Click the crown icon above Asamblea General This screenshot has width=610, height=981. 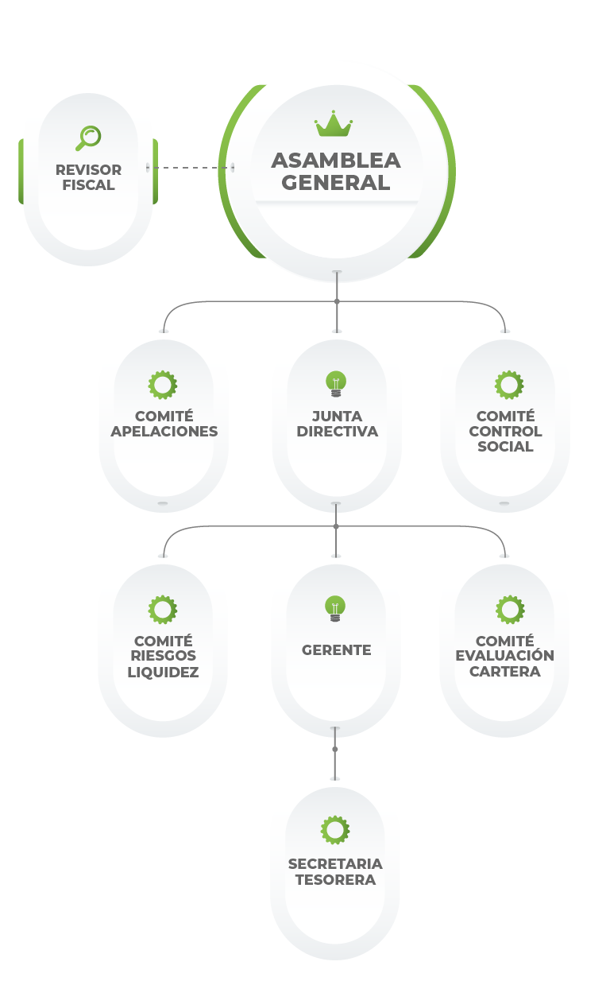pos(334,124)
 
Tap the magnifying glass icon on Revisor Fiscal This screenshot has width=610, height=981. pos(88,138)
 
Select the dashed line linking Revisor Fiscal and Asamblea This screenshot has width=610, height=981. pos(191,168)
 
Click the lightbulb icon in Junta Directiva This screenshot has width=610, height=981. pos(336,384)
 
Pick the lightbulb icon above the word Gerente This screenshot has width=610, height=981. pos(336,609)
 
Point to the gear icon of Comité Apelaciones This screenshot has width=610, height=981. pos(163,385)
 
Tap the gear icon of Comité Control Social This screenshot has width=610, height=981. pos(508,385)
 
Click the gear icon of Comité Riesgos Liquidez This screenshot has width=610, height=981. pos(163,610)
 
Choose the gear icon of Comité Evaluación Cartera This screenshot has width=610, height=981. pos(508,610)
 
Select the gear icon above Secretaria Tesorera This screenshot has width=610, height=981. pos(335,830)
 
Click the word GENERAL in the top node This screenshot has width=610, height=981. pos(336,183)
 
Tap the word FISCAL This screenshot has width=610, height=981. pos(88,185)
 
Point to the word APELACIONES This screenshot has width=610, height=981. pos(164,432)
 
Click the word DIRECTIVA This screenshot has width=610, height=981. pos(336,432)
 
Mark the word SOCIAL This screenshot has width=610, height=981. pos(505,447)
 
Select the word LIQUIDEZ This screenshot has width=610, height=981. pos(163,672)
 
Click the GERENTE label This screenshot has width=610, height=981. pos(336,650)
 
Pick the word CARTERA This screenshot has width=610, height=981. pos(505,671)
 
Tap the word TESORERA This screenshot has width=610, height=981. pos(335,880)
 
